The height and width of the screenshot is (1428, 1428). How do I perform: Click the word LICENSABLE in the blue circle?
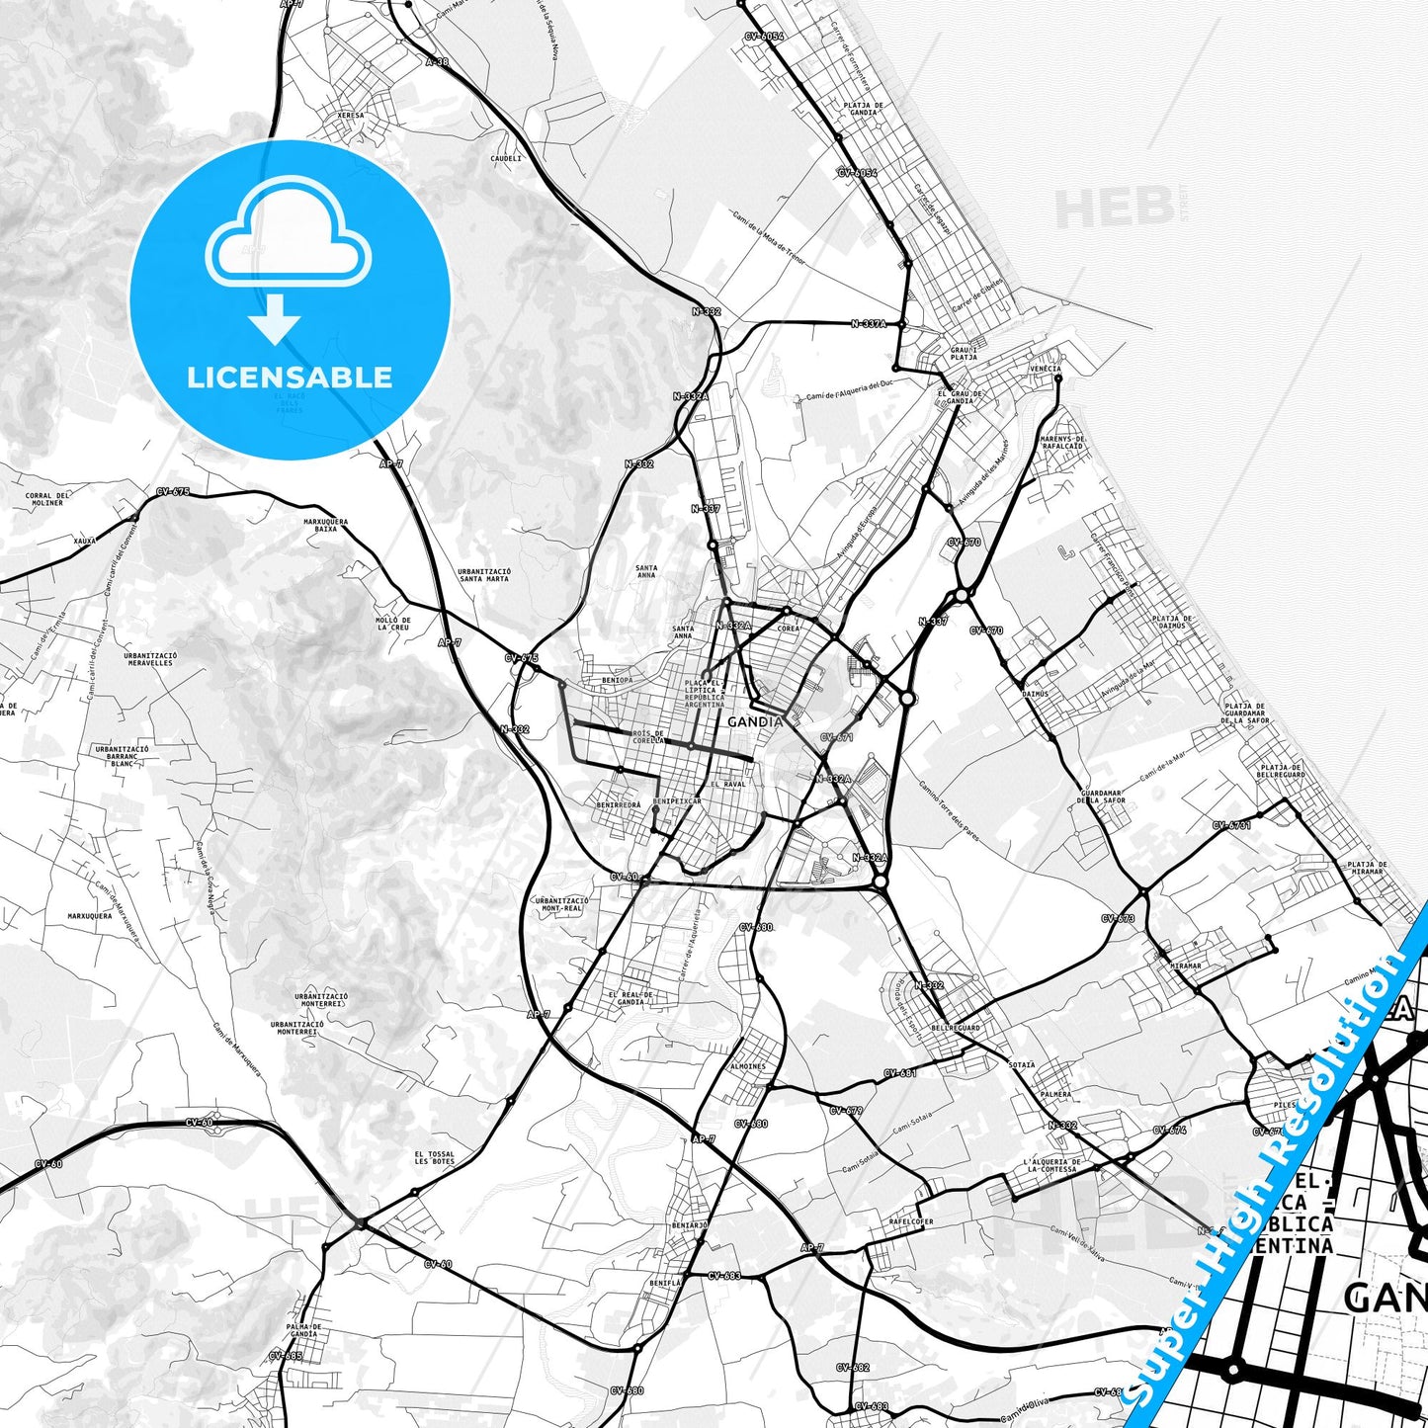290,378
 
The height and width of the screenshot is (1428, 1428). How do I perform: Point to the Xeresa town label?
350,116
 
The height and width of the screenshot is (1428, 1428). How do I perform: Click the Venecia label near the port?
1045,369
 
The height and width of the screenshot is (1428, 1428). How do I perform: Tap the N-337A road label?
869,323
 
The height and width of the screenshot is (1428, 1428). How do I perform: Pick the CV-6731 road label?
1232,825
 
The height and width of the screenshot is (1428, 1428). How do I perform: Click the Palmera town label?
1055,1095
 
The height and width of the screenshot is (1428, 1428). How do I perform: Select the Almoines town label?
747,1067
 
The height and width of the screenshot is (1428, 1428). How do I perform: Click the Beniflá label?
666,1283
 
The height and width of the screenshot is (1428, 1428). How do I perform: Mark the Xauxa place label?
86,541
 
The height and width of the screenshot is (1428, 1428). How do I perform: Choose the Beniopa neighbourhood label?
616,681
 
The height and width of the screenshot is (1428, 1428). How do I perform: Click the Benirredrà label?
618,805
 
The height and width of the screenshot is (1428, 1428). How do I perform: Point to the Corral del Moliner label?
46,498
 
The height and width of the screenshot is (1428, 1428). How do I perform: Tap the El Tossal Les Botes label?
435,1157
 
